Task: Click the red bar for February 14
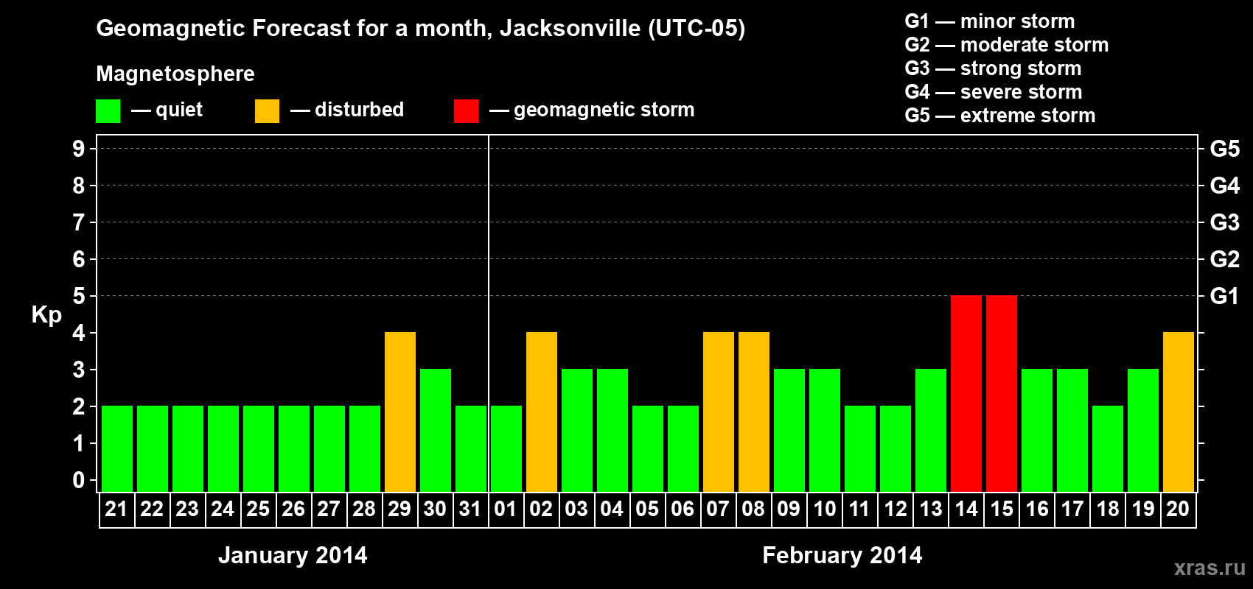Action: point(966,393)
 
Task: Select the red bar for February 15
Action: point(1002,393)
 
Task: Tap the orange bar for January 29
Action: point(400,412)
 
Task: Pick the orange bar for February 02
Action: point(542,412)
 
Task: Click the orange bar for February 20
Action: point(1179,412)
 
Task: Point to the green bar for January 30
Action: point(436,430)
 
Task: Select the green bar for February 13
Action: point(931,430)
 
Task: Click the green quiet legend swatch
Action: point(108,111)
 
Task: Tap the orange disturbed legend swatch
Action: point(267,111)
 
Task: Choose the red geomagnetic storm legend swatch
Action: point(466,111)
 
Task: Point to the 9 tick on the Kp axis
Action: point(79,149)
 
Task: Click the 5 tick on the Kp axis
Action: point(79,296)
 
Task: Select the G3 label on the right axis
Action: point(1224,222)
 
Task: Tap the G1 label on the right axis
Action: point(1224,296)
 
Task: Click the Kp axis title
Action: point(46,314)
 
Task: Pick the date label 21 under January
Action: point(116,509)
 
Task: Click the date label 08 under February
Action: point(753,509)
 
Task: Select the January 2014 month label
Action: point(293,555)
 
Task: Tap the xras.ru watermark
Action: point(1210,568)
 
